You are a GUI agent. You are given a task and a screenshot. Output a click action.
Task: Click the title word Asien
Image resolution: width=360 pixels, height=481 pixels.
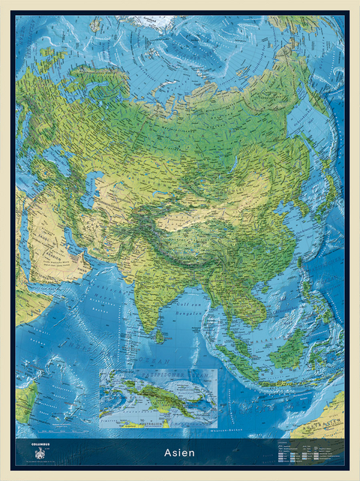point(180,452)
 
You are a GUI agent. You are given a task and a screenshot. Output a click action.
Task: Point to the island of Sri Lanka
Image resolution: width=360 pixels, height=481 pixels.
point(160,335)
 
